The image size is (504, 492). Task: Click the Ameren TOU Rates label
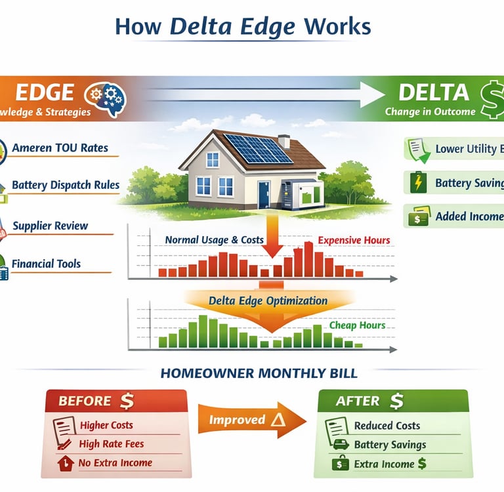[x=60, y=148]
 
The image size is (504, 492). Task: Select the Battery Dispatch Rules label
[x=66, y=185]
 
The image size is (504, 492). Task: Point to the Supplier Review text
[x=50, y=226]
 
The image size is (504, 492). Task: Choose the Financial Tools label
[x=46, y=264]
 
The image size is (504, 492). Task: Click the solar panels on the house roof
[x=257, y=148]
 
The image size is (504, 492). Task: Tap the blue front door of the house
[x=264, y=194]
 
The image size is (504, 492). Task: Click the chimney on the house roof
[x=283, y=141]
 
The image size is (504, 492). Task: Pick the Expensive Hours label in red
[x=354, y=240]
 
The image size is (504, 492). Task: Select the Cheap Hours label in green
[x=357, y=325]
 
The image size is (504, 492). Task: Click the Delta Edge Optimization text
[x=268, y=301]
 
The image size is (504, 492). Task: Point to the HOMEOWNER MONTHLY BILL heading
[x=259, y=374]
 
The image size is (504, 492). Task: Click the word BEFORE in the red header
[x=85, y=401]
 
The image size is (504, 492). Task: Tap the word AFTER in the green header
[x=357, y=401]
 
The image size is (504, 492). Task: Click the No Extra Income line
[x=115, y=463]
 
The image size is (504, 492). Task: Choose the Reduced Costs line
[x=387, y=426]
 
